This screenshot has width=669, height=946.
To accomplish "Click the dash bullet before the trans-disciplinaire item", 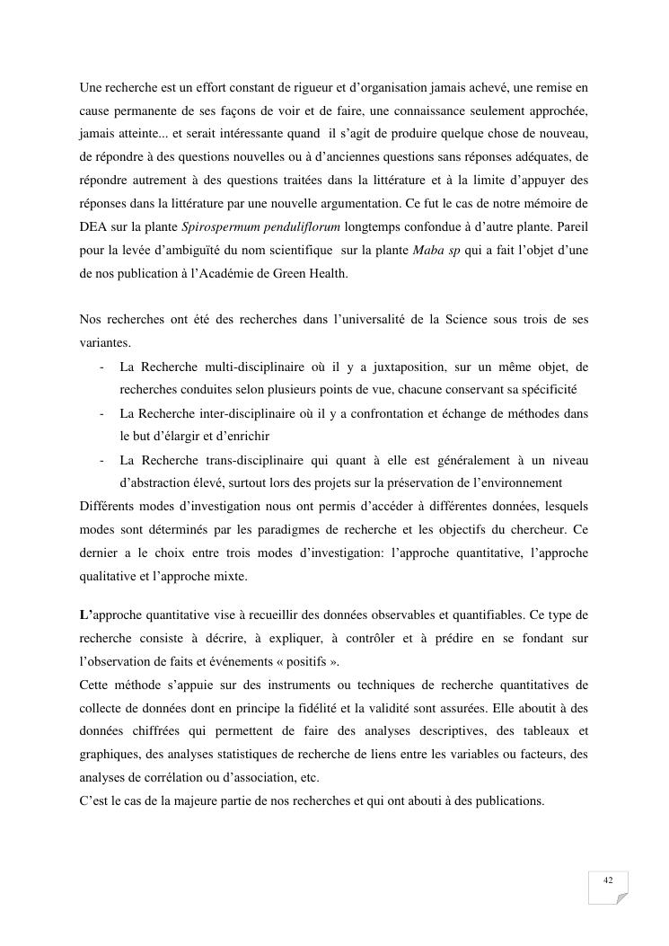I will pyautogui.click(x=103, y=460).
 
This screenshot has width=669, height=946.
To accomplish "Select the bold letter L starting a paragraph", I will pyautogui.click(x=84, y=615).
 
